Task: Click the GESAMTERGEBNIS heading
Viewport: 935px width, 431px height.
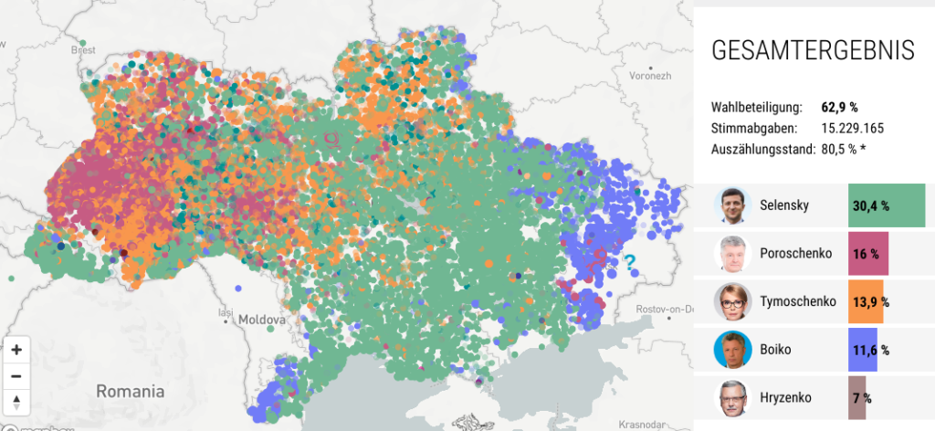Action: [x=812, y=51]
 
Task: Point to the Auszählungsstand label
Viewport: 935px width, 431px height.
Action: [x=762, y=149]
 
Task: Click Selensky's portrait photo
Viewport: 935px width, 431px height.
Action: [x=730, y=205]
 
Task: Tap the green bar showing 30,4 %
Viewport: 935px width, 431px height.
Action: [x=886, y=205]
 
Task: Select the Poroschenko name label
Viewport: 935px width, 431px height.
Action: [x=795, y=253]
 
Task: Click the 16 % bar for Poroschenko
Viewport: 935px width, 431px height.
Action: [x=868, y=253]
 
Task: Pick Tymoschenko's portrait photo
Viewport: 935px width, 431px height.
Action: [x=730, y=301]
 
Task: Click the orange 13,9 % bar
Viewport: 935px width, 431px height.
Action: [x=866, y=301]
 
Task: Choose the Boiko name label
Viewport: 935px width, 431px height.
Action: [x=776, y=350]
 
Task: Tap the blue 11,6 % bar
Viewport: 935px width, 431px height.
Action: [x=863, y=350]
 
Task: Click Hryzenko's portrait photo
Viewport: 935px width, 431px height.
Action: [x=730, y=398]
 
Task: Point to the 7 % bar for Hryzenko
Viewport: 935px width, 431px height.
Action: [x=857, y=398]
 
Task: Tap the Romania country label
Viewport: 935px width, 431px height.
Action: [x=131, y=391]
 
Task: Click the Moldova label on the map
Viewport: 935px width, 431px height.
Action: [x=263, y=321]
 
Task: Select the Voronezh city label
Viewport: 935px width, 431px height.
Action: [x=649, y=76]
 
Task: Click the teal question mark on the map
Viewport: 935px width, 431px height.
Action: [x=629, y=264]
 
